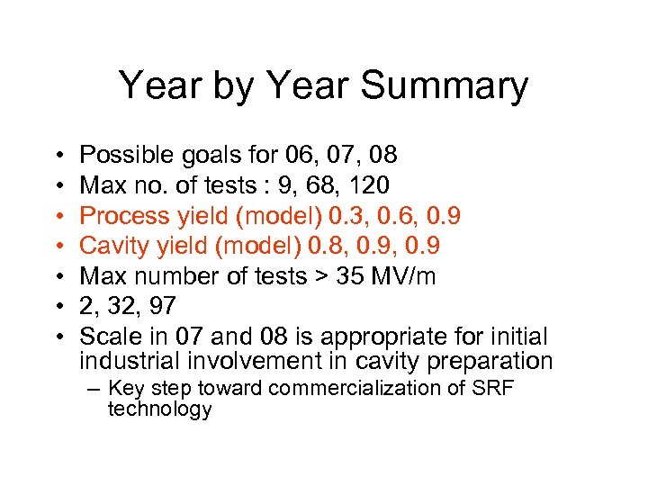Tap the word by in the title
229,86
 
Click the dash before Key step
95,390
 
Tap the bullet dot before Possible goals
57,157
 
